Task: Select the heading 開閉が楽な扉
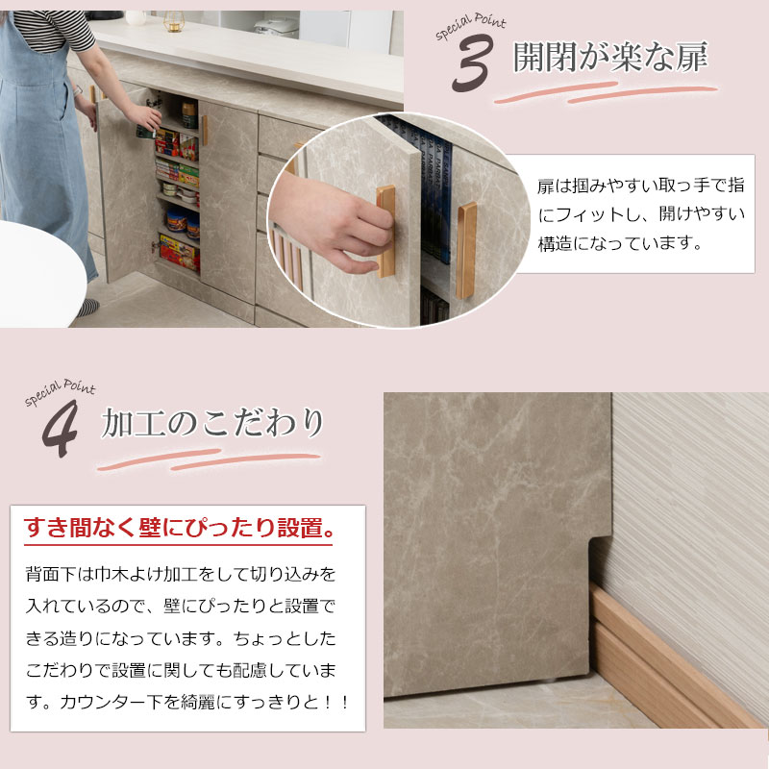[x=609, y=60]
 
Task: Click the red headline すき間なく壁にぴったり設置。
[x=180, y=528]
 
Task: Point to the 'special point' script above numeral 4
[x=60, y=391]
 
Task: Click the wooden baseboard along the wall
[x=673, y=663]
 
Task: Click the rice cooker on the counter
[x=276, y=28]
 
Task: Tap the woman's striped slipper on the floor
[x=87, y=307]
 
